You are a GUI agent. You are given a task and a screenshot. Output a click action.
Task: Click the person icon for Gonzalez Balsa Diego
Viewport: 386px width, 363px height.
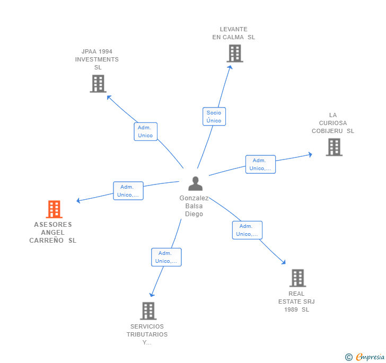(196, 183)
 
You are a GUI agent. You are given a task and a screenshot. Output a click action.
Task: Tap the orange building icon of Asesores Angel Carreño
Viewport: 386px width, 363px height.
(54, 209)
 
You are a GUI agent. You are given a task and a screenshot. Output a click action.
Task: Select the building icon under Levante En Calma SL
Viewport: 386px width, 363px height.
(234, 54)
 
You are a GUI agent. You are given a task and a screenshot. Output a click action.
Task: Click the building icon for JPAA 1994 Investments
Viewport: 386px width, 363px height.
(98, 84)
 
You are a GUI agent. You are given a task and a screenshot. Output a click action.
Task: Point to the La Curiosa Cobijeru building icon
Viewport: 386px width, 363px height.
(334, 147)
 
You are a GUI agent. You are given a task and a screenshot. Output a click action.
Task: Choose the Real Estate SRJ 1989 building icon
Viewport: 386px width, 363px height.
(297, 278)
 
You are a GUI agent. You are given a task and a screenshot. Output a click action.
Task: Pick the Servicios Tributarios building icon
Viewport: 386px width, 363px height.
(148, 311)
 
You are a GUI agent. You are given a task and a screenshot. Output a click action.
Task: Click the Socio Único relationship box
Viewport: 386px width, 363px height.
(214, 117)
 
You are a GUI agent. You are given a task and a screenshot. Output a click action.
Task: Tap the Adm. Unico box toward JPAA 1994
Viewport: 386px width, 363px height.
(145, 131)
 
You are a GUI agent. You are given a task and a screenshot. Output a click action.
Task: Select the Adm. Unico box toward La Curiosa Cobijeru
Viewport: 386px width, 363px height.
(260, 164)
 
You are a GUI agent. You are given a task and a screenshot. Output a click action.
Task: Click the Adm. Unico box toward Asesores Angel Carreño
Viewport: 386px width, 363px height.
(128, 191)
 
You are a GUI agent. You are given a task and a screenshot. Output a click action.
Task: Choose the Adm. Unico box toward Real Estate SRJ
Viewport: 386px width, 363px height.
(247, 230)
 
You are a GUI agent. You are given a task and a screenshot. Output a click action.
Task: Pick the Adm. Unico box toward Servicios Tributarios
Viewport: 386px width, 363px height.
(166, 257)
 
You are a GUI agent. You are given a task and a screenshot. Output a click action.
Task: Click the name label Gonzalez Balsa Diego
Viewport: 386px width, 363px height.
(194, 206)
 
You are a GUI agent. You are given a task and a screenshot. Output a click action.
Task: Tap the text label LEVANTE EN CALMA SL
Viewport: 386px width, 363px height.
(234, 33)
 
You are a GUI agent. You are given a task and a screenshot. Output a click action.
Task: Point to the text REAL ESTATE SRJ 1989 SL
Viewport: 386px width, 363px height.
(296, 302)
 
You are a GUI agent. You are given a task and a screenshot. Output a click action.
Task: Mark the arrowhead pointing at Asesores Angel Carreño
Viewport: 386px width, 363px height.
(78, 200)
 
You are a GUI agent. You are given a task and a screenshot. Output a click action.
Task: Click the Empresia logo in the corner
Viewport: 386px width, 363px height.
(370, 357)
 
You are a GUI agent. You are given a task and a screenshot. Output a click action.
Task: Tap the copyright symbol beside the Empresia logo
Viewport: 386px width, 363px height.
(349, 357)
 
